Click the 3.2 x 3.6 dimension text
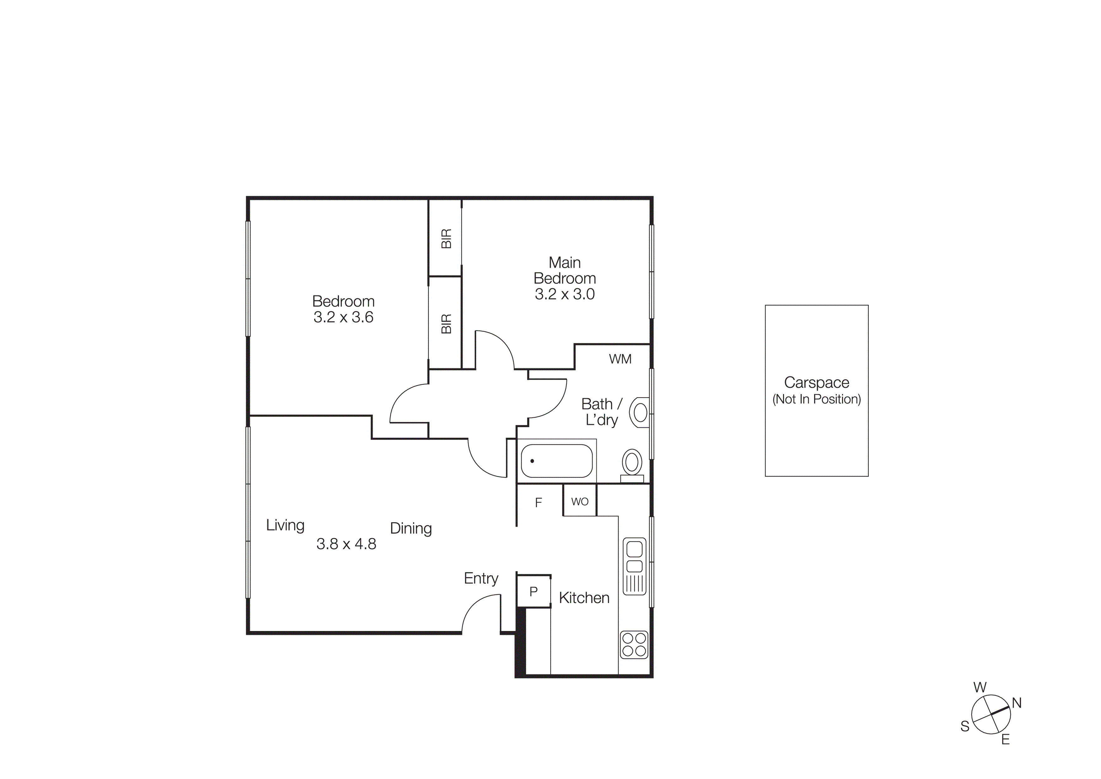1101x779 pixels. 343,317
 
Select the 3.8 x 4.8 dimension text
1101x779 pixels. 346,544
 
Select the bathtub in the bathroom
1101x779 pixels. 556,461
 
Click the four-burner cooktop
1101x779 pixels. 634,645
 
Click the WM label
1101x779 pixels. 620,359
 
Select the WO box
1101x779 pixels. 580,502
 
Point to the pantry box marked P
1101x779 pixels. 533,592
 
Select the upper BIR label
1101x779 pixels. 446,239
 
